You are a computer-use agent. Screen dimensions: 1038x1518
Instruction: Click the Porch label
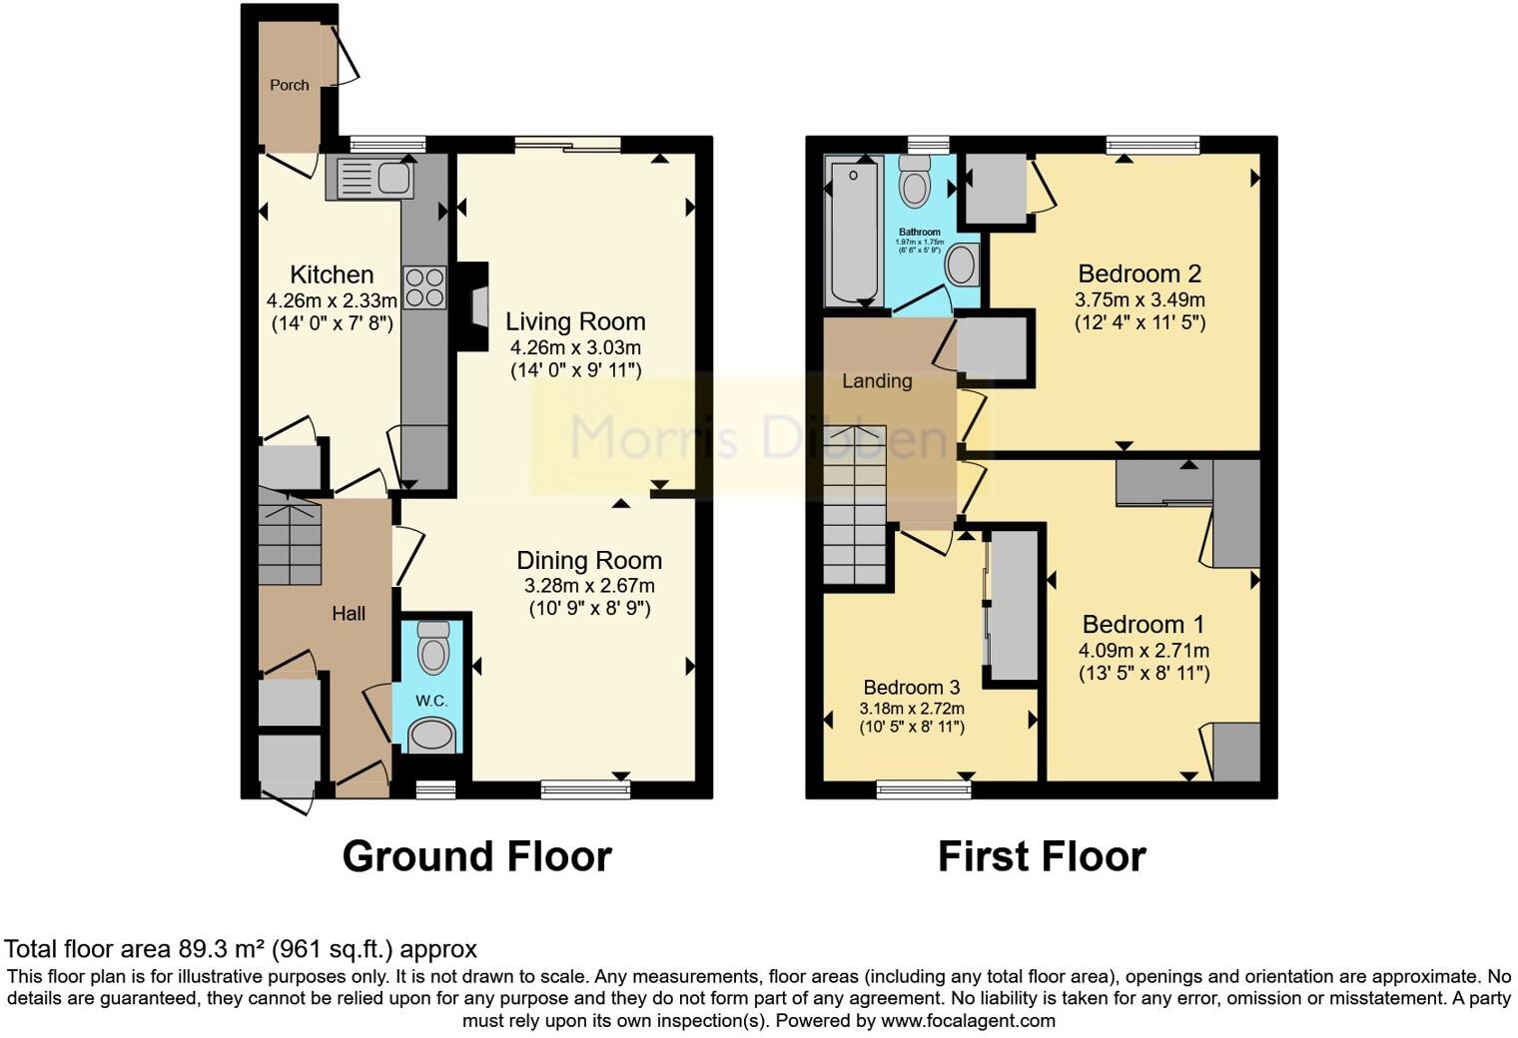(290, 85)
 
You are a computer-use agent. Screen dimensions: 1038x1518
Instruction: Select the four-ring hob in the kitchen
(424, 287)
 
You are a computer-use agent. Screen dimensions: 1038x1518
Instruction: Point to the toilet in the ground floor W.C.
(432, 649)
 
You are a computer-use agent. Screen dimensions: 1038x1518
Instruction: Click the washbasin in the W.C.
(432, 737)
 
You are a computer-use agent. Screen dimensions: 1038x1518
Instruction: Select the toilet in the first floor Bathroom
(914, 183)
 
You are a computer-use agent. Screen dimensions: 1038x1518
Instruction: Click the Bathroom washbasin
(963, 265)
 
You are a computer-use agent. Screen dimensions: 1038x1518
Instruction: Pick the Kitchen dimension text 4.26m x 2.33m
(332, 299)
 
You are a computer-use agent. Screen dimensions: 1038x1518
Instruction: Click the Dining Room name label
(589, 560)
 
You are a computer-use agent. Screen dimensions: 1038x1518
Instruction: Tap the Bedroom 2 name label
(1139, 273)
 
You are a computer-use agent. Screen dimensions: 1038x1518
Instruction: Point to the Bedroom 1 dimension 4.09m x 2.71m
(1143, 650)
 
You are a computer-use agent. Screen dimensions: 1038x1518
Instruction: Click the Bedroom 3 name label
(912, 687)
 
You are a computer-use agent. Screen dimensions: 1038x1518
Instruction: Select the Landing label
(877, 380)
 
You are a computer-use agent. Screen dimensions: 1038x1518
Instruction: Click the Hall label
(349, 614)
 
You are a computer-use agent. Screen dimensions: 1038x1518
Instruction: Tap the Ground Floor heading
(476, 856)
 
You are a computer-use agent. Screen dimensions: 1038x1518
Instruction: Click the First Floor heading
(1042, 856)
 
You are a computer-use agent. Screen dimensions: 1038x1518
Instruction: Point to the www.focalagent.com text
(968, 1021)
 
